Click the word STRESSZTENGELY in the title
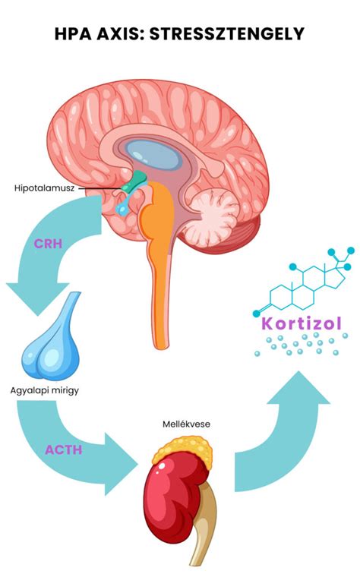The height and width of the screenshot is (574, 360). click(x=227, y=34)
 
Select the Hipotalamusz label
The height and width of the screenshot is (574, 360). click(x=44, y=188)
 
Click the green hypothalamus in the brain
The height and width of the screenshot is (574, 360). click(x=134, y=181)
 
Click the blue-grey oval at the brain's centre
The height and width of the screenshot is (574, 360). click(x=153, y=155)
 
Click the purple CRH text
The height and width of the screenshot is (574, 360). click(x=48, y=244)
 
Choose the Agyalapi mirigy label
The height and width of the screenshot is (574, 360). click(x=45, y=390)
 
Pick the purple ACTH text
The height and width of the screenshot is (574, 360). click(x=63, y=449)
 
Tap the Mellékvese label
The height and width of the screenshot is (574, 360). click(x=186, y=424)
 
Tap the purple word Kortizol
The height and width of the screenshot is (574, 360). click(x=302, y=323)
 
